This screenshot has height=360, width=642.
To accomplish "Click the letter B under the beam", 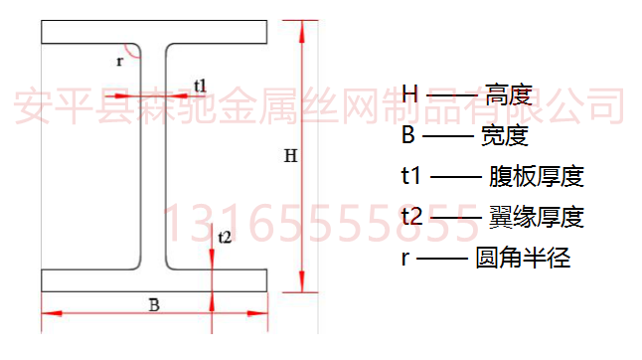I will click(x=154, y=305).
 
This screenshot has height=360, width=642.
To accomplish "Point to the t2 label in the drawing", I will click(x=224, y=237).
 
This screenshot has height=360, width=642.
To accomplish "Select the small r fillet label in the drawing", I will click(x=119, y=61).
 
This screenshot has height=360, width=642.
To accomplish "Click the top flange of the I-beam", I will click(x=154, y=32).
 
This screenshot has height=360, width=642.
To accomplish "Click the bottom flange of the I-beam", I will click(x=154, y=279).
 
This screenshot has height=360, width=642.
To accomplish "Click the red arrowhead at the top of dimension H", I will click(x=301, y=30).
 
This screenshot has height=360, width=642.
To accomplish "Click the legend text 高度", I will click(x=510, y=96).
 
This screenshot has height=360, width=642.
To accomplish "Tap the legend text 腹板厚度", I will click(x=536, y=177).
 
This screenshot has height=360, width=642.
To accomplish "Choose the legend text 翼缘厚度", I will click(x=536, y=217).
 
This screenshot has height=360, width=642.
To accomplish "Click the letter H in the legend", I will click(x=410, y=95).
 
